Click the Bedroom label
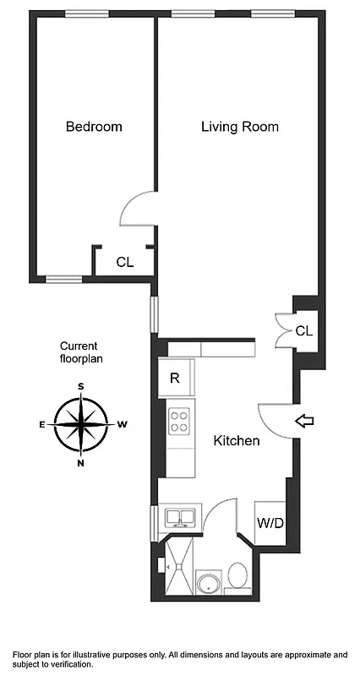94,127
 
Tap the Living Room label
239,127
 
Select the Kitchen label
236,440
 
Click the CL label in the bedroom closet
124,262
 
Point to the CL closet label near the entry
304,330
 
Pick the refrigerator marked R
175,378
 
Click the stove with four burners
179,421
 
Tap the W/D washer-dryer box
270,523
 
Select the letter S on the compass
81,386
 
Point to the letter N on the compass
81,462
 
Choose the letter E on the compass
42,424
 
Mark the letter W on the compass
122,424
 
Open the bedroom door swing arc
137,210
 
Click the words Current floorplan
79,352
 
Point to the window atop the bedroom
87,14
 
